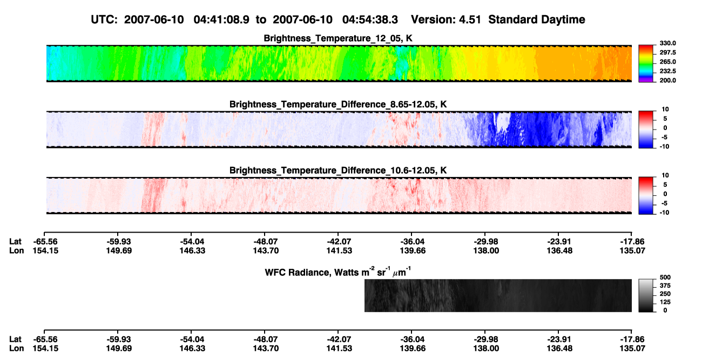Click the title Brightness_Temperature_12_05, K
tap(338, 38)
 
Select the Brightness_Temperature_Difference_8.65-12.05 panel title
tap(338, 104)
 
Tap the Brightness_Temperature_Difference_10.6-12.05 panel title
tap(338, 171)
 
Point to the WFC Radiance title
tap(338, 272)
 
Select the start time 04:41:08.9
tap(221, 19)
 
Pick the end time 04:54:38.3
tap(370, 19)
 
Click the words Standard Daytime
tap(537, 20)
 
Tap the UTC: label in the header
tap(104, 19)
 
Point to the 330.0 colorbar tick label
tap(667, 43)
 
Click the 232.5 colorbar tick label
tap(667, 71)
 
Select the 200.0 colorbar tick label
tap(667, 80)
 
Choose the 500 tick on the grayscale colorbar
tap(665, 277)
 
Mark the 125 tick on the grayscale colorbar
tap(665, 302)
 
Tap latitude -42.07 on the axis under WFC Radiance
tap(339, 339)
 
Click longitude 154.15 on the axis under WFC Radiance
tap(45, 349)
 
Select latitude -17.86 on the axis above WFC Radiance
tap(632, 242)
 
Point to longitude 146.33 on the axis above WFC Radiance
tap(192, 250)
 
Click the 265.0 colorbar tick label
tap(667, 62)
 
